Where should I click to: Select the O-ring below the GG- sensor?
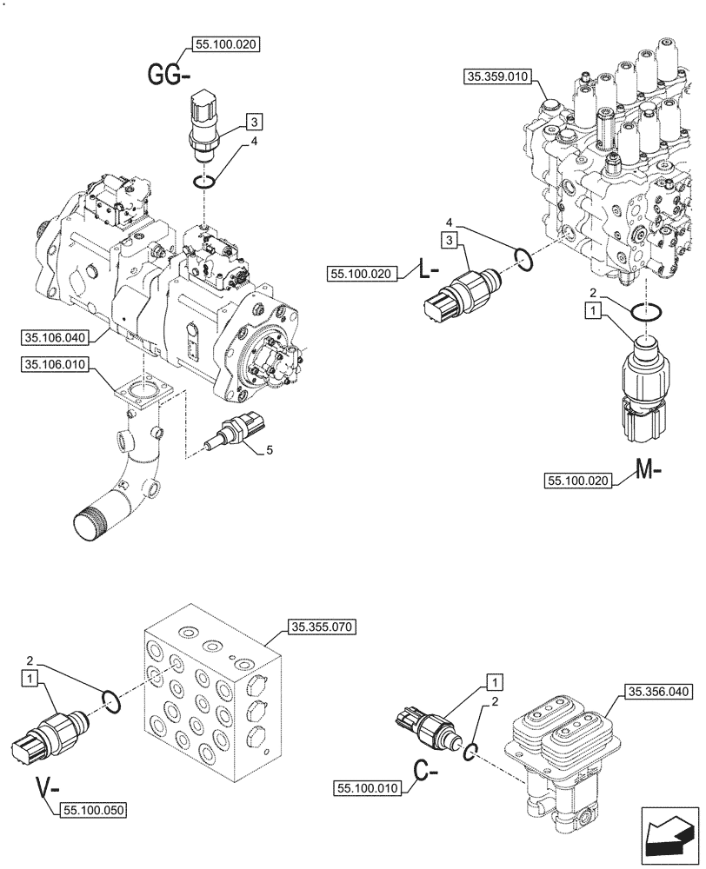(x=203, y=182)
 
